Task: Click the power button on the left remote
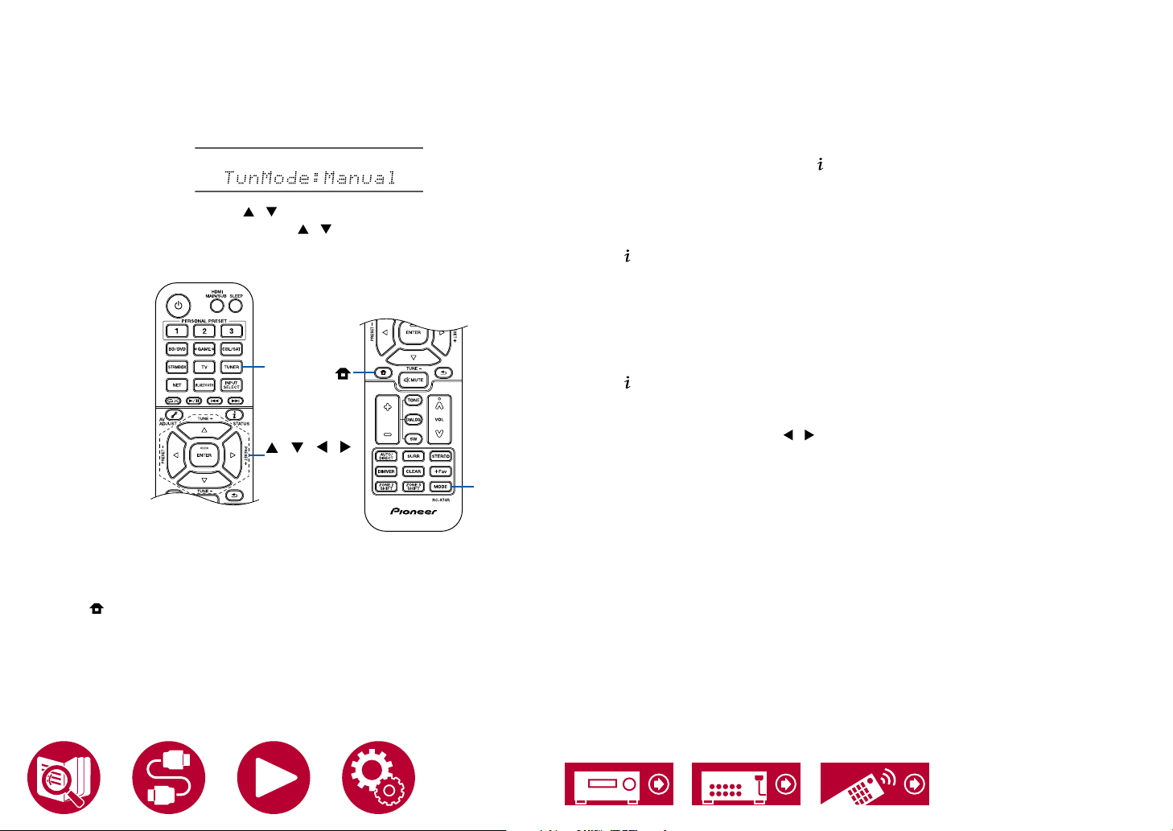(x=178, y=306)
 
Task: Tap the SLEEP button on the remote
(x=236, y=306)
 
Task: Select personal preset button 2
(x=204, y=331)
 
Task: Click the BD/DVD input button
(x=177, y=349)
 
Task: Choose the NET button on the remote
(x=177, y=385)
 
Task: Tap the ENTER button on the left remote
(x=204, y=455)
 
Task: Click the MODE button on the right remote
(x=440, y=487)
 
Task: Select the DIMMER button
(x=386, y=471)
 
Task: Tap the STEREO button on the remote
(x=440, y=456)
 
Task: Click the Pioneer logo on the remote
(x=414, y=512)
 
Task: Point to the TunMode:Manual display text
(x=310, y=177)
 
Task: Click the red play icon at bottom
(x=274, y=778)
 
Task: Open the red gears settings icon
(x=378, y=778)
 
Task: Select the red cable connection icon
(x=169, y=778)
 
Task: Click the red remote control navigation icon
(x=875, y=784)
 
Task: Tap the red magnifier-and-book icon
(x=64, y=778)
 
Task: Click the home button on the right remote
(x=384, y=373)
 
